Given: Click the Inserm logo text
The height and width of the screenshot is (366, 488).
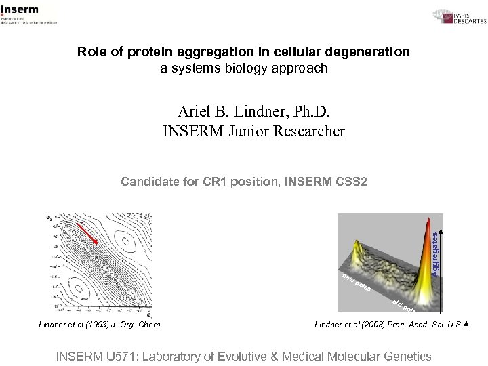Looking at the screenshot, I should tap(20, 9).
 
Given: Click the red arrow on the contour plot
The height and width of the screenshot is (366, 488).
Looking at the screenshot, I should tap(88, 233).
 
